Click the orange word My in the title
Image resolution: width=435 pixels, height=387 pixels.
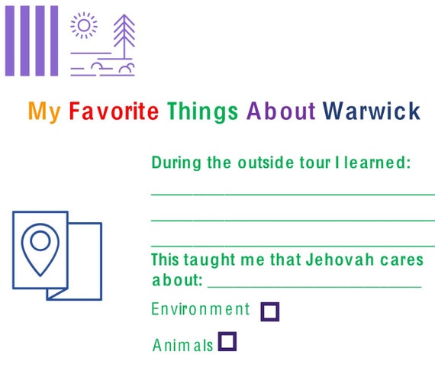(44, 111)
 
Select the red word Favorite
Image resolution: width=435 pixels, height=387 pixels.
(114, 111)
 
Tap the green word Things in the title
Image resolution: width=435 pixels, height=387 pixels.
(202, 112)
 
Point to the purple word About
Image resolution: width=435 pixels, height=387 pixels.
(281, 111)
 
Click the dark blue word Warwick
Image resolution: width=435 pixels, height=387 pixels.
(372, 111)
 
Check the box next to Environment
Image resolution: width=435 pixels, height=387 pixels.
(270, 312)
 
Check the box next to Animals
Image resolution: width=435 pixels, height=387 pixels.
(227, 341)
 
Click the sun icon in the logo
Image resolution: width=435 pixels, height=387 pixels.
(84, 25)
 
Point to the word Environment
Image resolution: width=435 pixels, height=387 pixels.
(201, 309)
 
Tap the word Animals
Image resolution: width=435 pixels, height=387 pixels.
(182, 345)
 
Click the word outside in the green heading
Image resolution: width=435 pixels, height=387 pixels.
(266, 163)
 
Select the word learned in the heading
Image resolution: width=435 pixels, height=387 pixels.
(377, 163)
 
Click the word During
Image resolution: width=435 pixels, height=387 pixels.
(176, 163)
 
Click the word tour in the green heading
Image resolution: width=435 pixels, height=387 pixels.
(315, 163)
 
